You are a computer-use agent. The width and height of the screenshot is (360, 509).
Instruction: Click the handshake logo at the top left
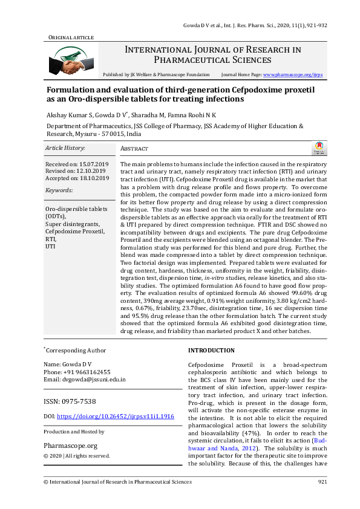click(65, 60)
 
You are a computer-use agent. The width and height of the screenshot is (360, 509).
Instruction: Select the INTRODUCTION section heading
click(211, 351)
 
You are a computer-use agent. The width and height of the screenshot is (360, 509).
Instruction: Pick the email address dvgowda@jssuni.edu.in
click(85, 380)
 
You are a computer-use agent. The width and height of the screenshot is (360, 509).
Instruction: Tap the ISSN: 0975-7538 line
click(70, 401)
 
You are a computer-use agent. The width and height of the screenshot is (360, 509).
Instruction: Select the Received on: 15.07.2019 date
click(77, 164)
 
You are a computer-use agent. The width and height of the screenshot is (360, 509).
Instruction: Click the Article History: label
click(65, 148)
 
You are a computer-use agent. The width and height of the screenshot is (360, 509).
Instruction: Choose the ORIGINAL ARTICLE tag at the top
click(71, 37)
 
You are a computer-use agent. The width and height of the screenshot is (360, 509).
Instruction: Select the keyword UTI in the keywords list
click(50, 247)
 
